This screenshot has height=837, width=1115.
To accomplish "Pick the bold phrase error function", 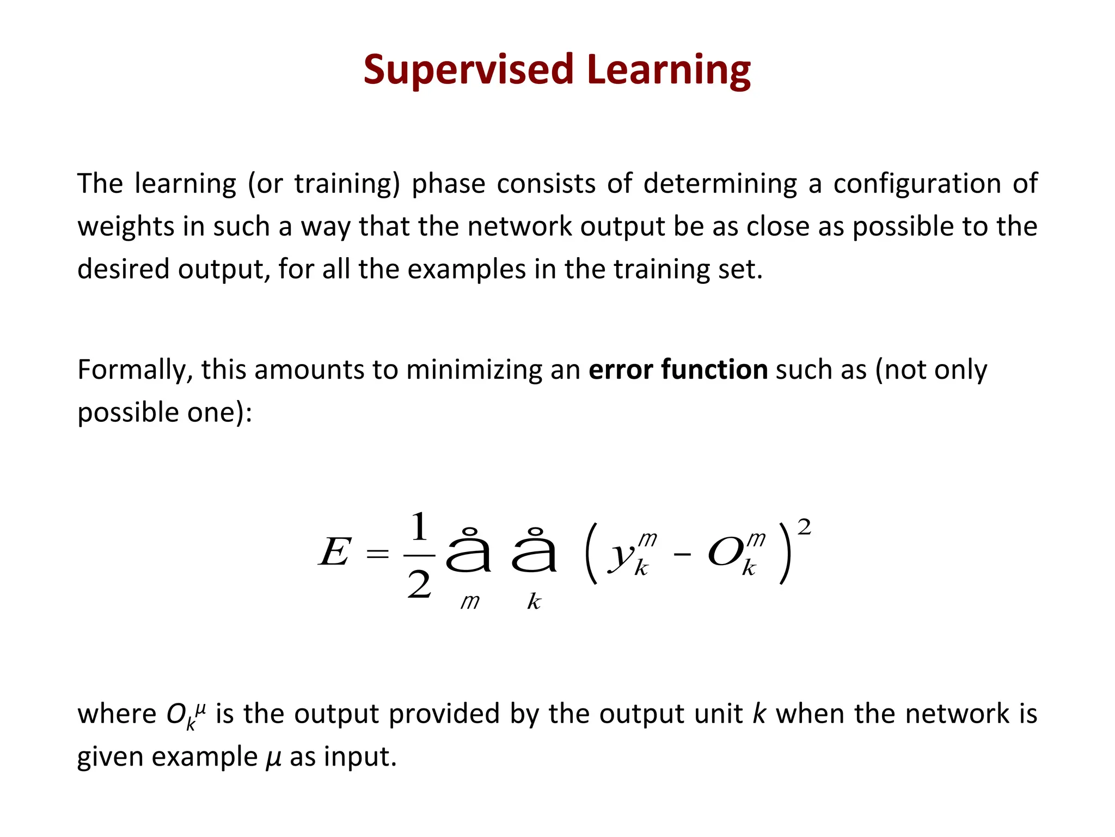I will coord(678,369).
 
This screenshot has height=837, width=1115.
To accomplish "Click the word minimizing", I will coord(474,369).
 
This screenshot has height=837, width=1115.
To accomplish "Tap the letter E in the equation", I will coord(334,553).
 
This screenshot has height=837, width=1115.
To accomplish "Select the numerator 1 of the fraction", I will coord(419,527).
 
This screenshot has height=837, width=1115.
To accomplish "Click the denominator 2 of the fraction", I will coord(419,586).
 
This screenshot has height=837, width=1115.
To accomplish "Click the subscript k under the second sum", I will coord(534,602).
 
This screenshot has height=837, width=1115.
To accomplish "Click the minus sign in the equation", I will coord(682,555).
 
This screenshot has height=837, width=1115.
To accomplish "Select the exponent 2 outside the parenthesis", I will coord(804,527).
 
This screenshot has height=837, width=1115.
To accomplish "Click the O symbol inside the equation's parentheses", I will coord(725,553).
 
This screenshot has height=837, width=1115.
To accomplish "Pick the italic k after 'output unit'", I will coord(759,714).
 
